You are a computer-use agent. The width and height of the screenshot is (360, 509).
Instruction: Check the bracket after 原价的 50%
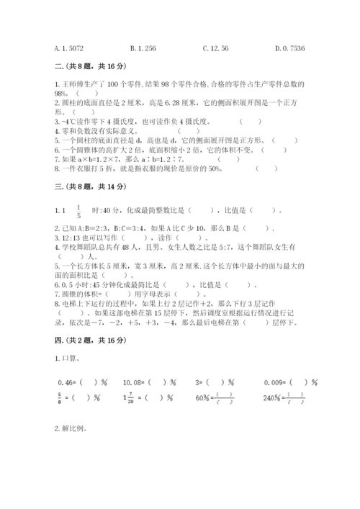click(266, 169)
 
